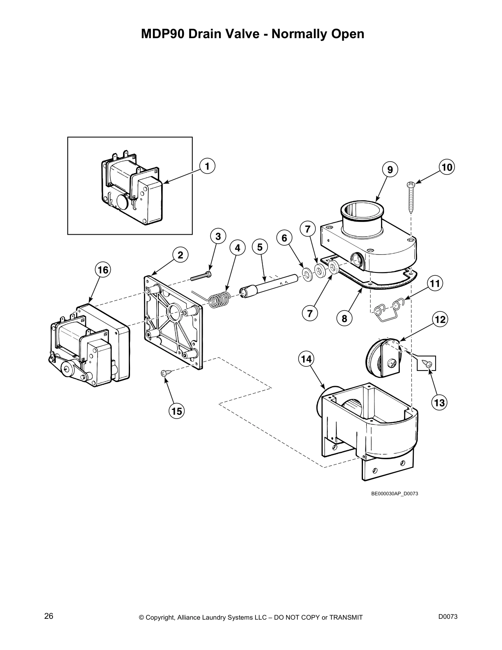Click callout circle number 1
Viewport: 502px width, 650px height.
pyautogui.click(x=207, y=166)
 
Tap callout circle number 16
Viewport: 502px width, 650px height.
pyautogui.click(x=103, y=270)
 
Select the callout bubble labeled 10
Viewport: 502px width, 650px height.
pyautogui.click(x=447, y=167)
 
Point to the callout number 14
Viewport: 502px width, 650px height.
pyautogui.click(x=306, y=359)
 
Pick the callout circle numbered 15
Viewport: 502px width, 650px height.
pyautogui.click(x=176, y=411)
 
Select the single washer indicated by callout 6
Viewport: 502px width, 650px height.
pyautogui.click(x=306, y=273)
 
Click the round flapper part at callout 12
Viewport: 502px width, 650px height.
pyautogui.click(x=381, y=356)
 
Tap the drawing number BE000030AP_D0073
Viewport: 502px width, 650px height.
pyautogui.click(x=394, y=494)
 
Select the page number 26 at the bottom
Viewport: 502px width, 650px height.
pyautogui.click(x=49, y=616)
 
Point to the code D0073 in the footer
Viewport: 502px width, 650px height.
pyautogui.click(x=448, y=616)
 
